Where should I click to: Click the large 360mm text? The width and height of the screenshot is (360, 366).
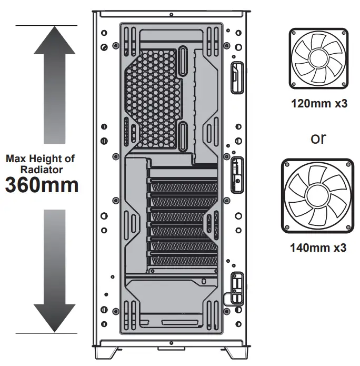(x=42, y=185)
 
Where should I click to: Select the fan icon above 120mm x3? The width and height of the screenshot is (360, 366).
(x=318, y=58)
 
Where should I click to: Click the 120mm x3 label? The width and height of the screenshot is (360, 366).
(x=318, y=103)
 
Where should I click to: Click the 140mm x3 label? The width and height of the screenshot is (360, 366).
(x=318, y=247)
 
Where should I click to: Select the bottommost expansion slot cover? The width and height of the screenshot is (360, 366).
(x=182, y=260)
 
